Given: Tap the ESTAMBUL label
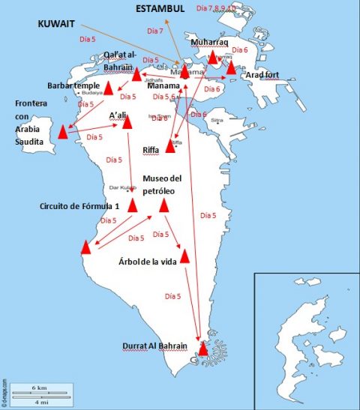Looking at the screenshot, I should (159, 8).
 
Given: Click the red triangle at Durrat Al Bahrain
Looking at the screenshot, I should (203, 348).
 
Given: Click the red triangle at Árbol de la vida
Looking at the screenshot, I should (184, 256).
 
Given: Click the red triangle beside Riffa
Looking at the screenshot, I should (171, 146).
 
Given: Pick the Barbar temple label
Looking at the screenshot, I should (72, 85).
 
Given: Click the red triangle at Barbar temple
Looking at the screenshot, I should (108, 89).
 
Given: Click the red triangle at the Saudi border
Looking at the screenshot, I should (63, 133).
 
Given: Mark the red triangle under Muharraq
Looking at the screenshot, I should (213, 57).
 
